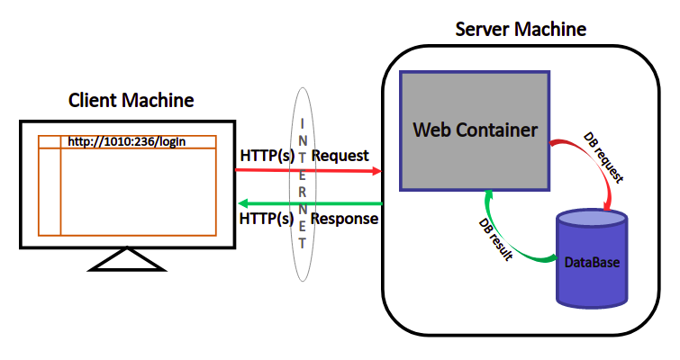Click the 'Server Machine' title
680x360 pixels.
[x=521, y=29]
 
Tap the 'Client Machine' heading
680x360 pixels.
[x=131, y=99]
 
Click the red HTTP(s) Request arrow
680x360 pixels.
[x=270, y=170]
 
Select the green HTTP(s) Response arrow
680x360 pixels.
[x=270, y=203]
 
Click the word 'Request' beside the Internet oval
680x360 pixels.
[x=340, y=155]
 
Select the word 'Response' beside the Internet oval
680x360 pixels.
[x=344, y=220]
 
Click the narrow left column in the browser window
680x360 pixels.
[x=50, y=193]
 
